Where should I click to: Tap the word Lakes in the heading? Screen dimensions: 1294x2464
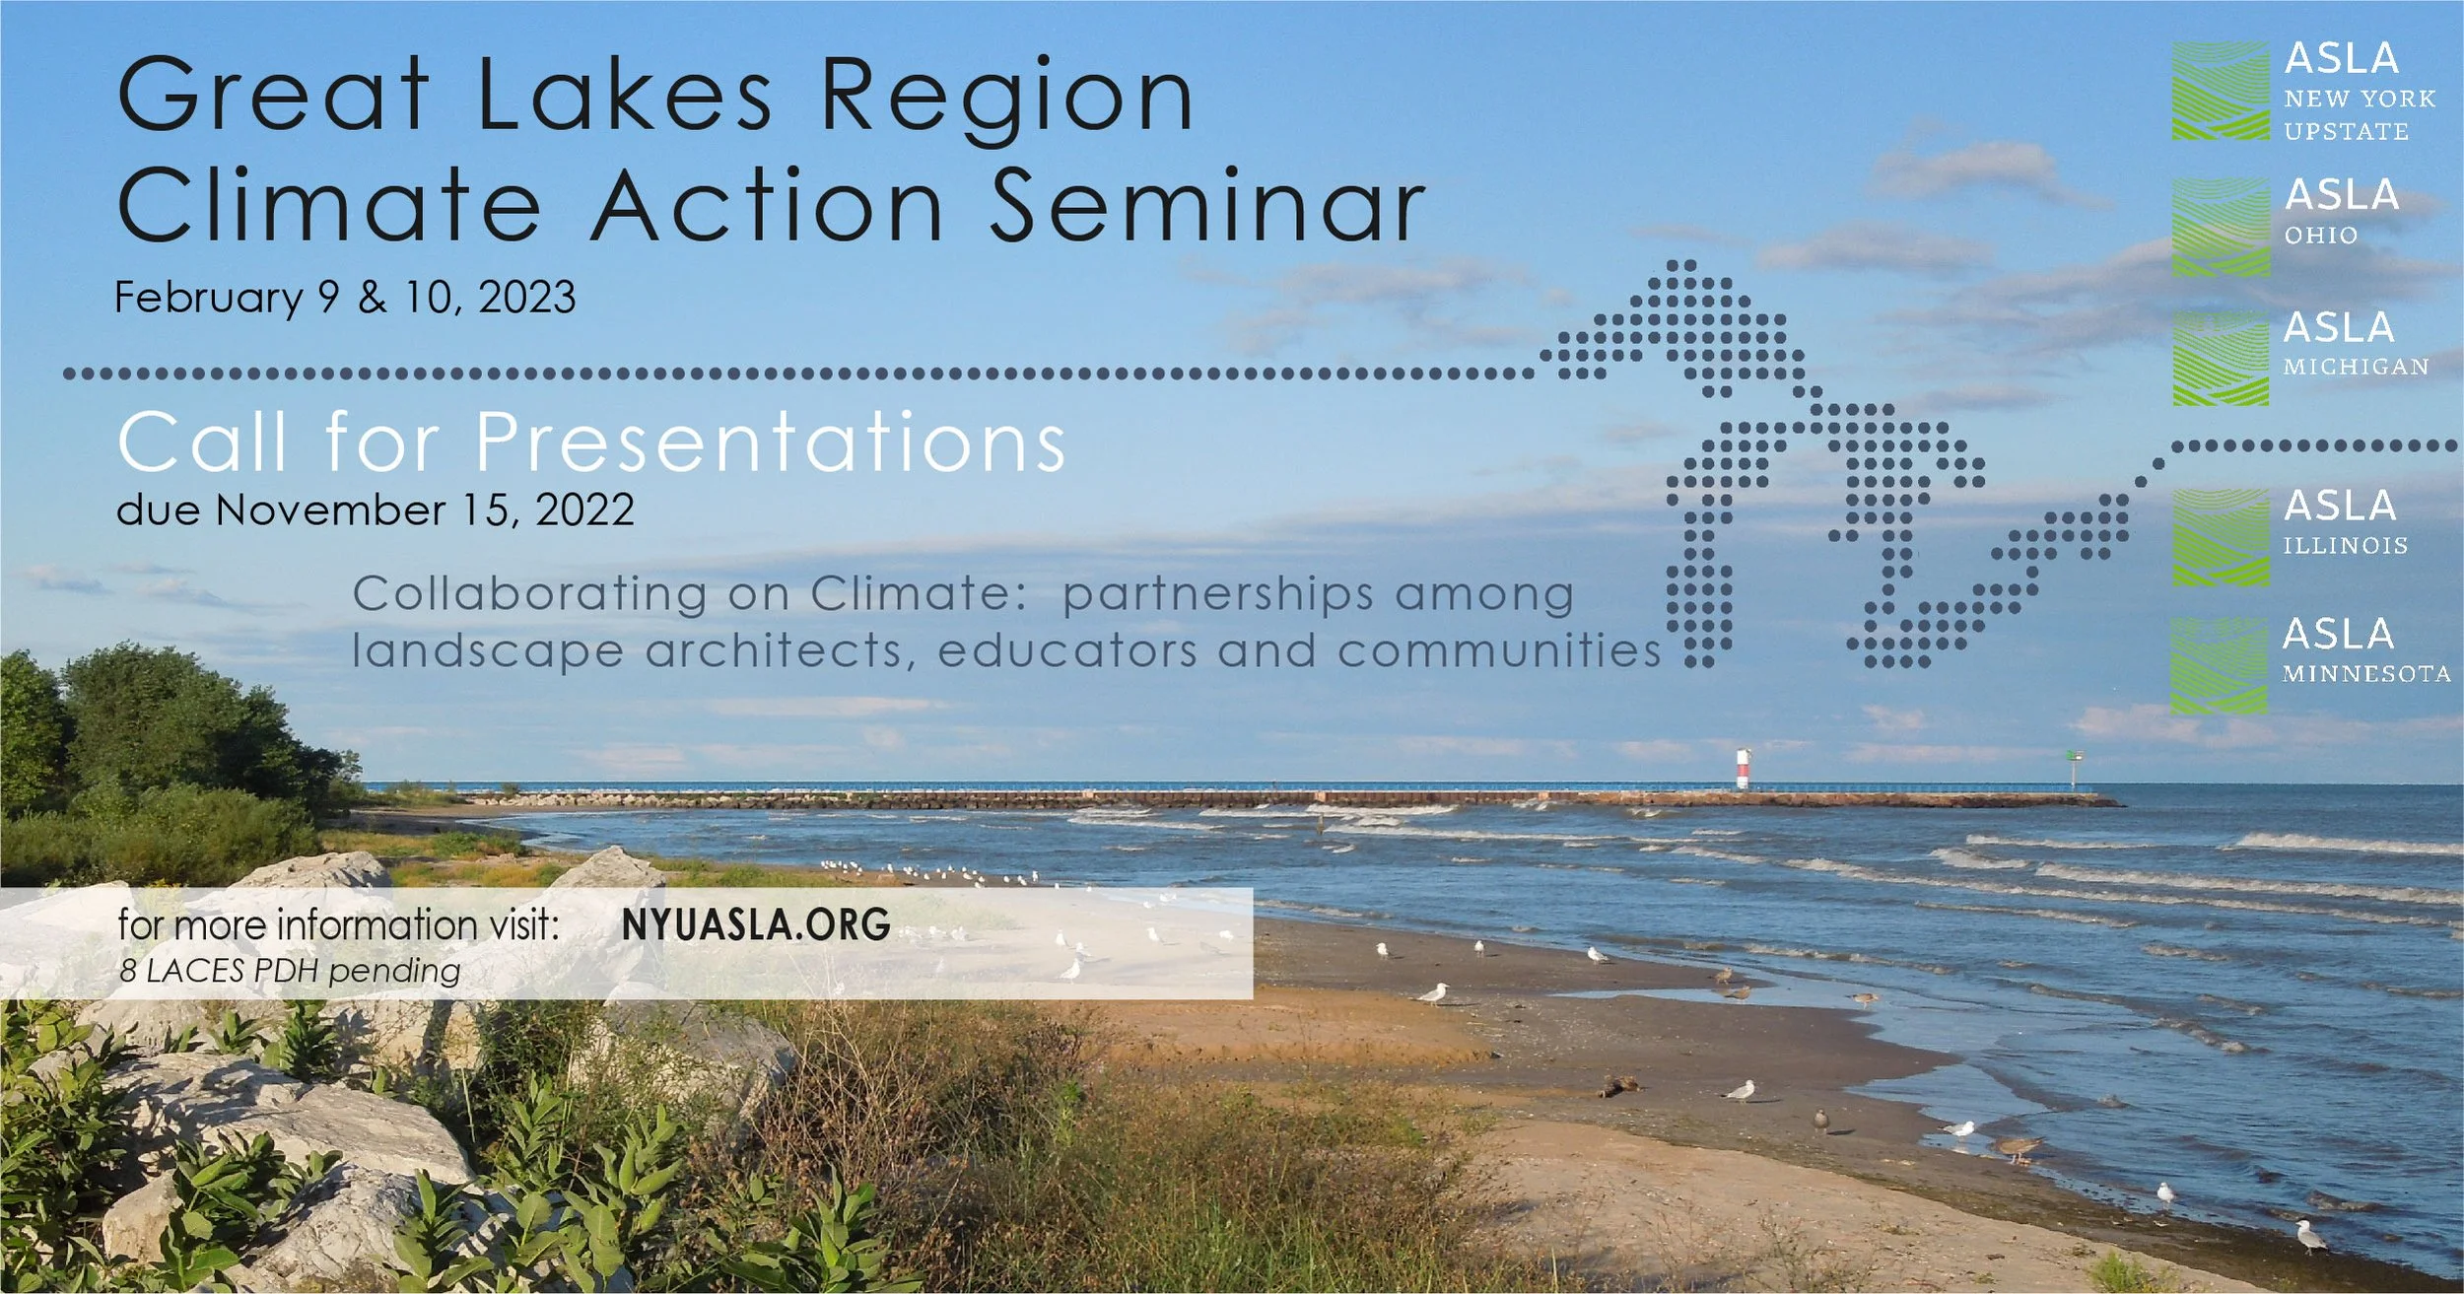click(625, 95)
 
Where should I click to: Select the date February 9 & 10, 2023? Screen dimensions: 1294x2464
click(345, 298)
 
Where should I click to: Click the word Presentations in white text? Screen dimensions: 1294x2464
click(770, 443)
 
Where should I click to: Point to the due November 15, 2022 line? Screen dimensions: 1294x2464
click(375, 511)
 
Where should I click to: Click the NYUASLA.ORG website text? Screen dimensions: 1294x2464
click(756, 924)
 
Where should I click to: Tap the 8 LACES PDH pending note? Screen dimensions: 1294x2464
click(290, 972)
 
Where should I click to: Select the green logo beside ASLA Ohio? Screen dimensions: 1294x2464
click(2221, 227)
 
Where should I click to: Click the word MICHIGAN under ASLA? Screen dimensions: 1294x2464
click(2356, 367)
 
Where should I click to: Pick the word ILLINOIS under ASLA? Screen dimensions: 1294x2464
click(2345, 546)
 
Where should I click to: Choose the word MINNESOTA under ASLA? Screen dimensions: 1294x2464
click(2365, 674)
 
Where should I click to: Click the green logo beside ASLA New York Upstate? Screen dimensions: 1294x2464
click(2221, 91)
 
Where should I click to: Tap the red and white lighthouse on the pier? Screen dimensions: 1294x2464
click(1743, 769)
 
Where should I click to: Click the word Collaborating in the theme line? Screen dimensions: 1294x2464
click(530, 594)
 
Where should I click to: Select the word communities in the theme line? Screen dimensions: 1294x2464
click(1499, 650)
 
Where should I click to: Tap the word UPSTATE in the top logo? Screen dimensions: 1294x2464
click(2346, 131)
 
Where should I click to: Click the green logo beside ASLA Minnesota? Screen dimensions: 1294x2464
click(2219, 666)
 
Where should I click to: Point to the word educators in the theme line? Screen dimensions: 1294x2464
click(1069, 650)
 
